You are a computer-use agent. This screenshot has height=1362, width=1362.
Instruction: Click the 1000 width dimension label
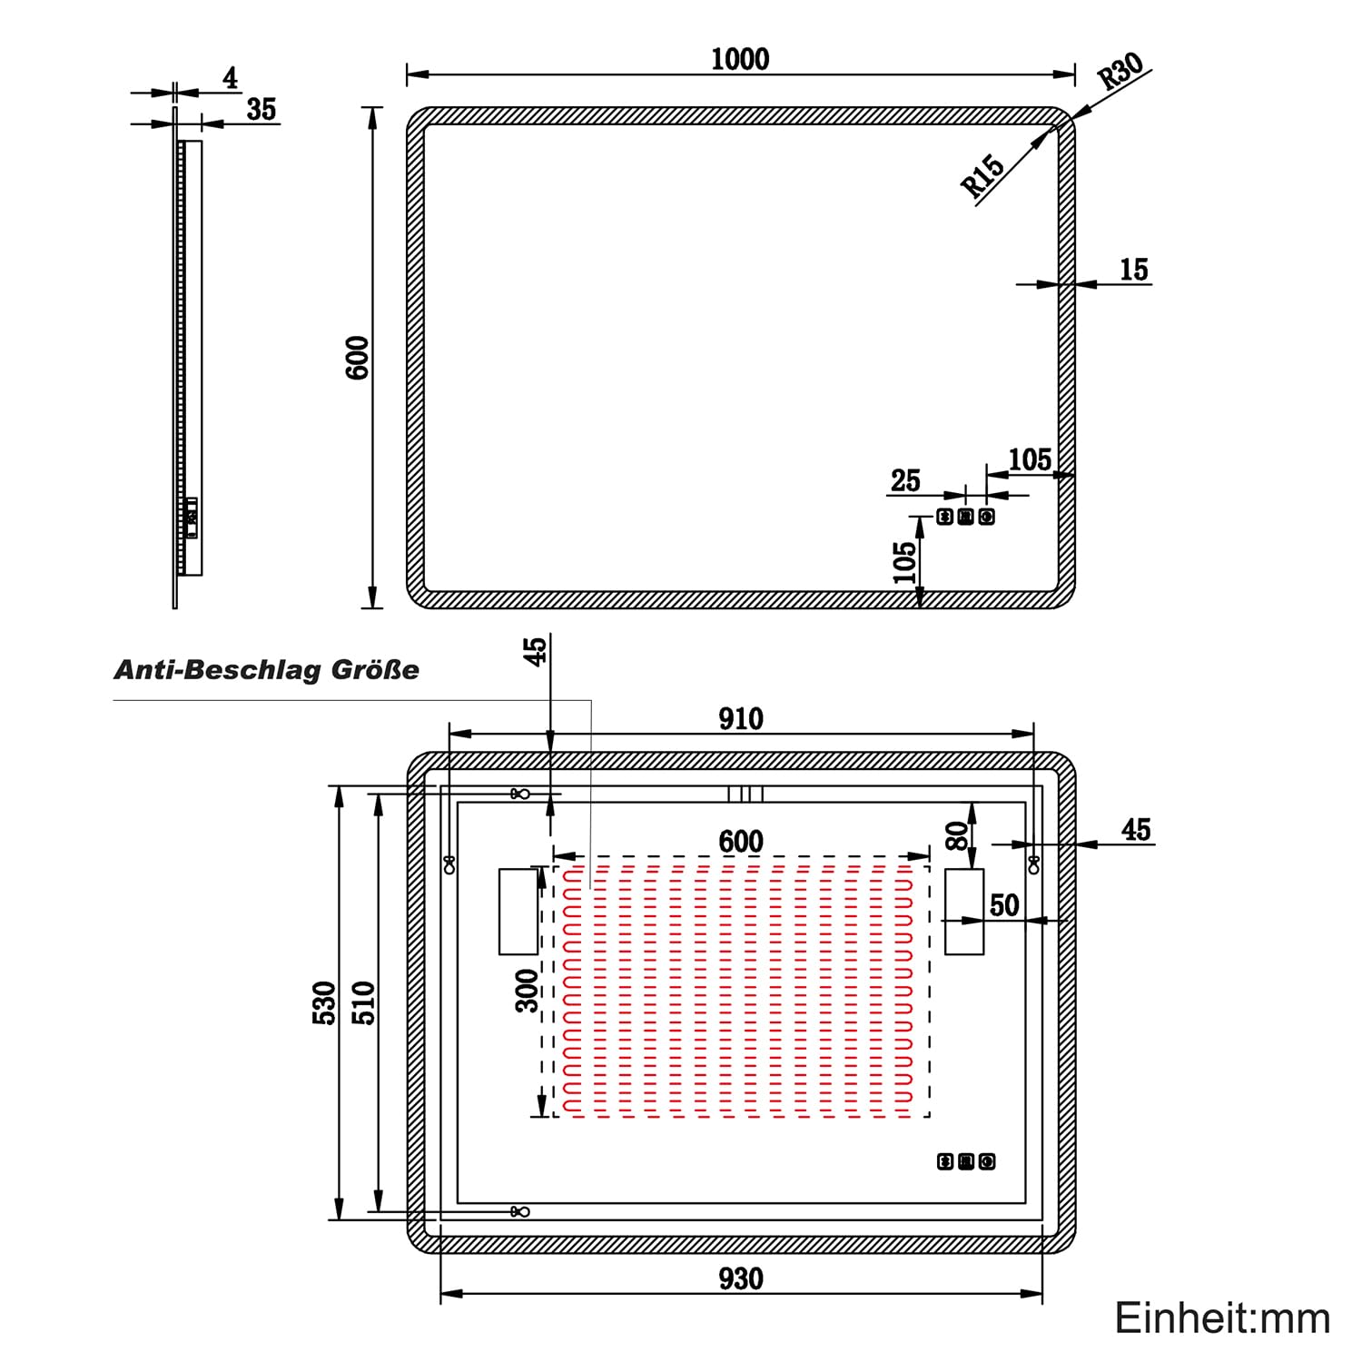click(740, 59)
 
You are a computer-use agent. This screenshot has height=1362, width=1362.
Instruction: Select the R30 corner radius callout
click(1121, 71)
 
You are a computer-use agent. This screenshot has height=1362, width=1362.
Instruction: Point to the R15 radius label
click(983, 175)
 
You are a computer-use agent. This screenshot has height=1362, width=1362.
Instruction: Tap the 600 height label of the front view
click(358, 357)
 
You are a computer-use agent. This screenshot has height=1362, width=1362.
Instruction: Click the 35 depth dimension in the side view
click(262, 109)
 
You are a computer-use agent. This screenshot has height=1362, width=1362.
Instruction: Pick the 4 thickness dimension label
click(231, 79)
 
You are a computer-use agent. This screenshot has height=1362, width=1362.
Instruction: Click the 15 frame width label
click(1134, 270)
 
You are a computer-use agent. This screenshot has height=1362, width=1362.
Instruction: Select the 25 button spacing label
click(905, 480)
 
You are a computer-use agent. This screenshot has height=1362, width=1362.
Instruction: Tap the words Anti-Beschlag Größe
click(266, 670)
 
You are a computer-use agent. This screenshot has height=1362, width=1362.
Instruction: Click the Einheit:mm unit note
click(1222, 1318)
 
